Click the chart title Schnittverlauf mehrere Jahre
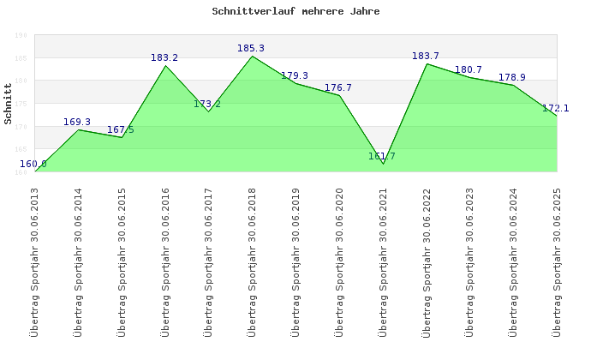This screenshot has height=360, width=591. (295, 12)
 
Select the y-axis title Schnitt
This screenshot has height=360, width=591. (9, 109)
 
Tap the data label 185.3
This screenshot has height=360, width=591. (251, 49)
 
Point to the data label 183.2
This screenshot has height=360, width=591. (164, 58)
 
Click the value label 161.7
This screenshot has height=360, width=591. (382, 157)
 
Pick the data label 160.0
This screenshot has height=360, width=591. (33, 164)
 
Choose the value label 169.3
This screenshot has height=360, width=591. (77, 123)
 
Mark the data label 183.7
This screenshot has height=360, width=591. (426, 57)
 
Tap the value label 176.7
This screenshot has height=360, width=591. (338, 88)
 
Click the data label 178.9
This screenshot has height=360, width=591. (512, 78)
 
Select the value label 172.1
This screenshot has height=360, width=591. (556, 109)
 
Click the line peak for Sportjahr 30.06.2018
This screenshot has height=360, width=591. (252, 57)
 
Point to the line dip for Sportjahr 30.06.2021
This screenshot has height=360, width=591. (383, 163)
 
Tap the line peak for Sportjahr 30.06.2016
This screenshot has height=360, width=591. (165, 66)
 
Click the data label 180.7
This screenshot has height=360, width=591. (469, 70)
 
